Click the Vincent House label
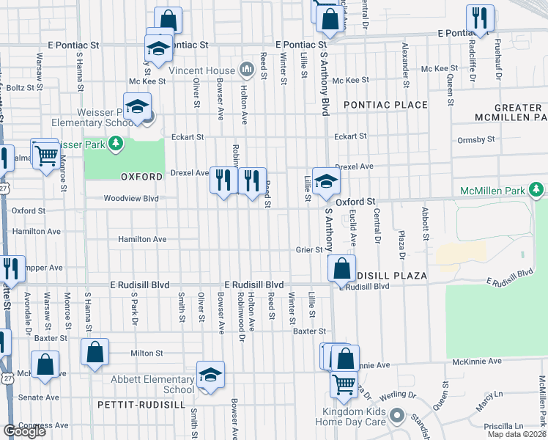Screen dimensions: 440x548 pos(201,70)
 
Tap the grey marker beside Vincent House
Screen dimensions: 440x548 pos(246,70)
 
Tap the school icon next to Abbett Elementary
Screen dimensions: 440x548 pos(211,375)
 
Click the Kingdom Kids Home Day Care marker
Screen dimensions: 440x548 pos(397,416)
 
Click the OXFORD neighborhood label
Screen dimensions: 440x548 pos(141,177)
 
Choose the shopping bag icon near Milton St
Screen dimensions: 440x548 pos(95,351)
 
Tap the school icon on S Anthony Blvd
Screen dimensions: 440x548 pos(325,180)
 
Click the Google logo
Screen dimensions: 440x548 pos(24,431)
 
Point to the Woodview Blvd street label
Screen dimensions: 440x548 pos(131,198)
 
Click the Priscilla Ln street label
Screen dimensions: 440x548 pos(508,425)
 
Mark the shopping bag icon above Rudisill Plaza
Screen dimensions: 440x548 pos(341,268)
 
